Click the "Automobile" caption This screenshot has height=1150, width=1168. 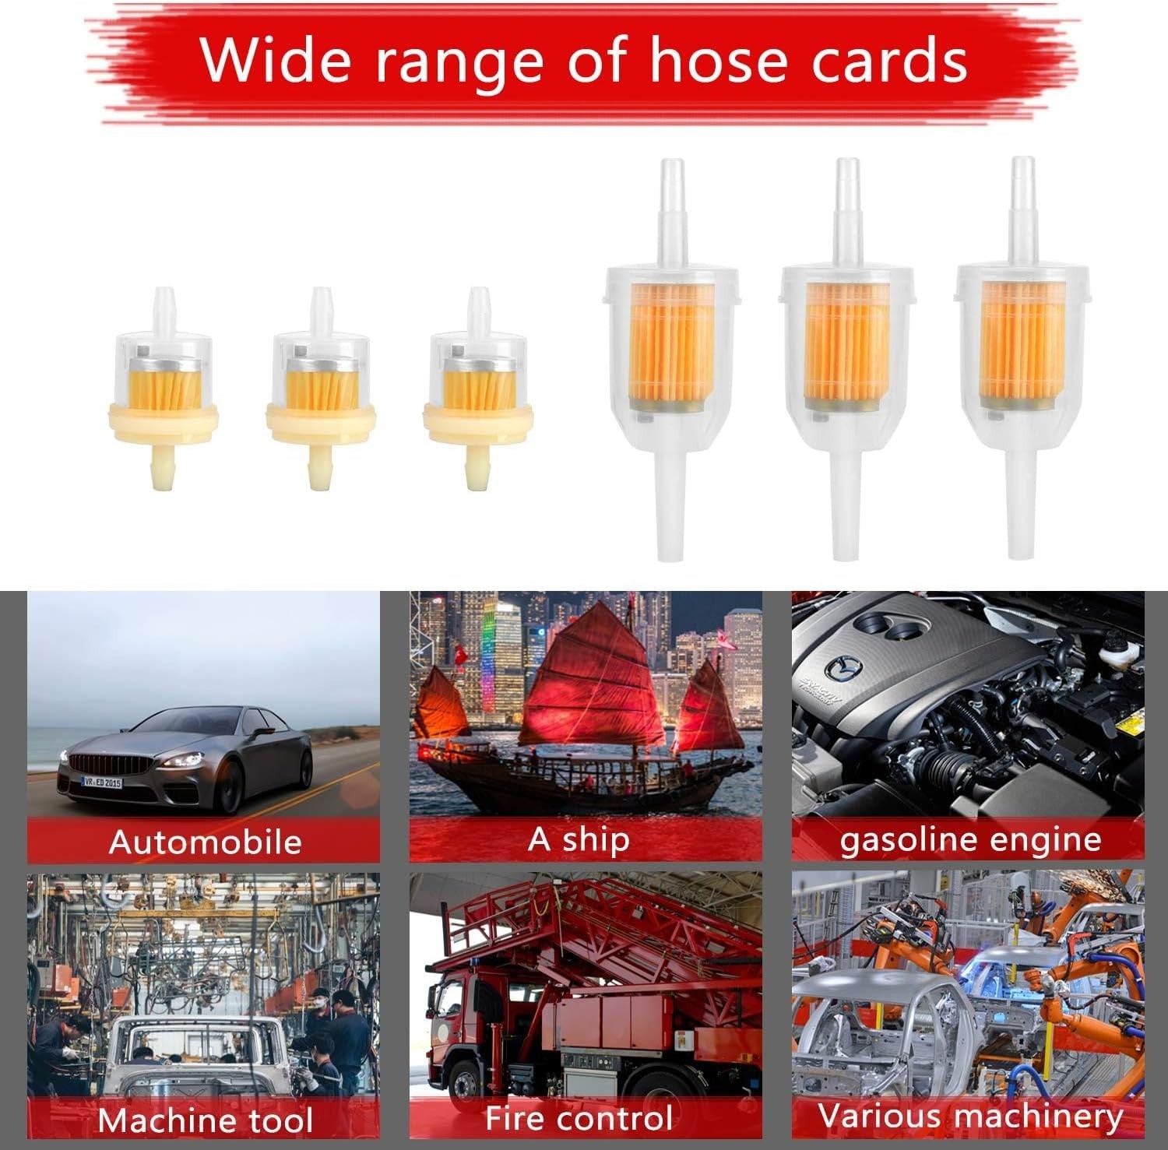(205, 842)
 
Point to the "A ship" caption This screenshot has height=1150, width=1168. (578, 839)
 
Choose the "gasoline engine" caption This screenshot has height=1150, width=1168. (970, 840)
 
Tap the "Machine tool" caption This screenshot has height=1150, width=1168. (205, 1120)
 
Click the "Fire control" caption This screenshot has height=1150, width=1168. (579, 1118)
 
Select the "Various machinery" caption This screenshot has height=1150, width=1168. (970, 1117)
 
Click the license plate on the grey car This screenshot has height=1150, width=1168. (102, 781)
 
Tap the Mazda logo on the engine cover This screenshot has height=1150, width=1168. (840, 666)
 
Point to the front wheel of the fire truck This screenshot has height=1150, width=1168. (466, 1085)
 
